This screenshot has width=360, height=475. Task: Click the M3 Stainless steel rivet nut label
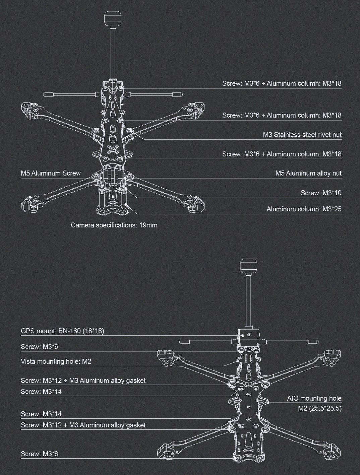(x=302, y=135)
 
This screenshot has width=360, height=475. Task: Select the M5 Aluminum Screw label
(x=51, y=173)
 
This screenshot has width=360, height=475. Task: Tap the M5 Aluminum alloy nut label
(x=308, y=173)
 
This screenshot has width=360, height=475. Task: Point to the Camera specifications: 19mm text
(x=114, y=225)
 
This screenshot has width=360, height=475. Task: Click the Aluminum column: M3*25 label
(x=304, y=209)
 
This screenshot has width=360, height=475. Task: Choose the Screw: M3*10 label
(x=321, y=193)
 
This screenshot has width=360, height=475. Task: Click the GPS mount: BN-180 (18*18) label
(x=62, y=331)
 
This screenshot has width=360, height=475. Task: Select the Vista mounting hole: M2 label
(x=56, y=361)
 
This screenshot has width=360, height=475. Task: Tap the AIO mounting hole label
(x=314, y=398)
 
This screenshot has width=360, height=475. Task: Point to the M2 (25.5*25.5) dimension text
(x=320, y=408)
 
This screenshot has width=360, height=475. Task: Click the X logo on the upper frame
(x=114, y=150)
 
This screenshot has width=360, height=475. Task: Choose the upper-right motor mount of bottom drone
(x=332, y=357)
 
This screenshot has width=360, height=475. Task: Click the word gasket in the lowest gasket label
(x=135, y=425)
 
